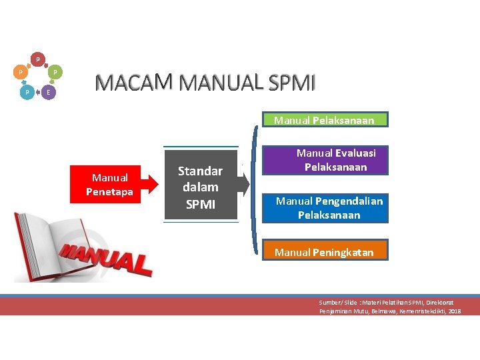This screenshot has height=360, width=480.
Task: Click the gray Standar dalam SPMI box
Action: click(201, 187)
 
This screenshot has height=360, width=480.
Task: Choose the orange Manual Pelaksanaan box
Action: click(324, 121)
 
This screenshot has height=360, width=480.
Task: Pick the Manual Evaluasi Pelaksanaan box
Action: click(327, 160)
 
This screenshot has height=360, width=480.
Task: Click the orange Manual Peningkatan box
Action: click(324, 252)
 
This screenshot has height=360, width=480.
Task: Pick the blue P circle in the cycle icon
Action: click(26, 92)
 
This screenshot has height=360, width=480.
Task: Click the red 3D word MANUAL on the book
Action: click(107, 257)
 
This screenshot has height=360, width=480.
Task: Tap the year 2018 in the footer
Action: click(455, 311)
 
